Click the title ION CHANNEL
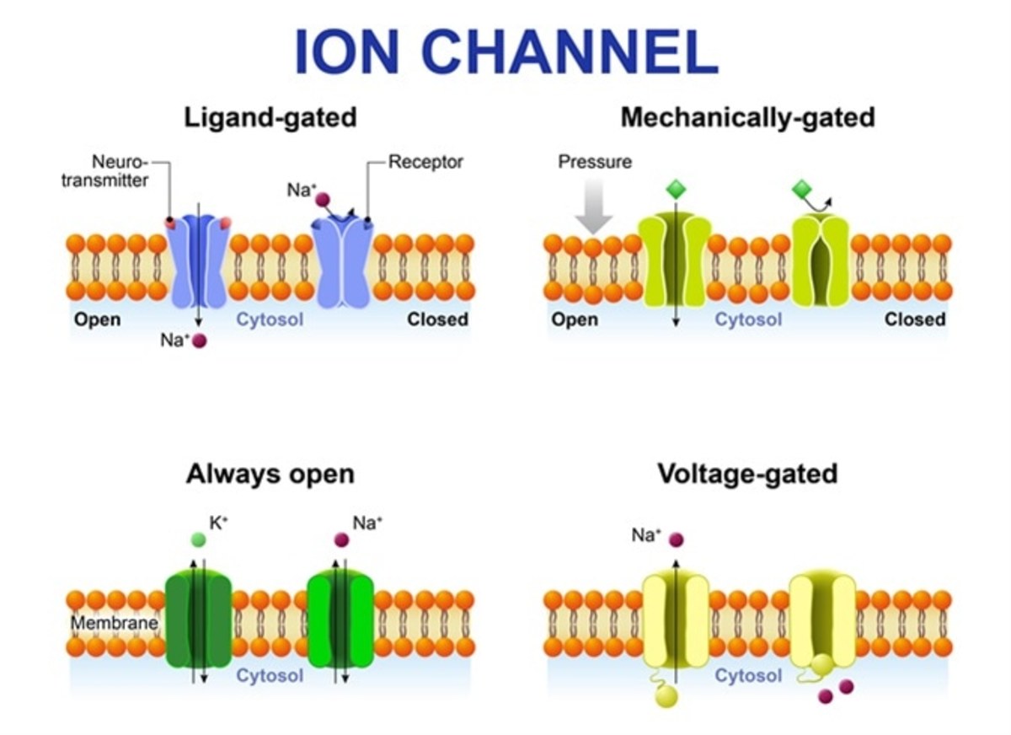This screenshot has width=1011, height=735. (506, 52)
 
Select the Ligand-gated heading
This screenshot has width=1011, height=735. (270, 117)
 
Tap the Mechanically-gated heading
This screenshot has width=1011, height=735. (747, 117)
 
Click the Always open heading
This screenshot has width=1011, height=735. (270, 474)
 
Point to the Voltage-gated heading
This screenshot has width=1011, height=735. (747, 474)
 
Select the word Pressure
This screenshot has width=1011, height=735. (595, 162)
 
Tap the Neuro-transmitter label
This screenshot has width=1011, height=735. (104, 170)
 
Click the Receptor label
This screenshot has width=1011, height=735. (425, 162)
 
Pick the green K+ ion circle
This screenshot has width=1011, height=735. (197, 539)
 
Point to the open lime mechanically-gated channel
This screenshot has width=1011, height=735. (673, 261)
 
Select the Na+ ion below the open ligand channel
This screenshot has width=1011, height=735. (200, 341)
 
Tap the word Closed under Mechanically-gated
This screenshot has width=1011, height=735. (915, 319)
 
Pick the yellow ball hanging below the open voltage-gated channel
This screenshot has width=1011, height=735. (666, 696)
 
